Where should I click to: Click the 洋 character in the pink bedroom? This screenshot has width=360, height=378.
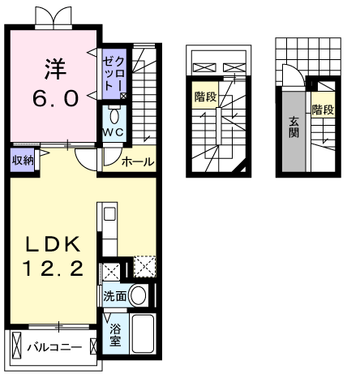56,69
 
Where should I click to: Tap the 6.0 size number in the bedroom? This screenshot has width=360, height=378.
56,98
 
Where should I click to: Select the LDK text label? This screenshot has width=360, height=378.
53,244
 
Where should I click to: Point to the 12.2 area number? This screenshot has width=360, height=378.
53,268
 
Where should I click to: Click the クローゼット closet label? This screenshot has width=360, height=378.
114,74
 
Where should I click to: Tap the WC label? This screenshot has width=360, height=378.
114,132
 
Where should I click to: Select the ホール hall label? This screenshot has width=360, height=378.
138,161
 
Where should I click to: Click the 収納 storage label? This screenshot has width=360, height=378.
23,161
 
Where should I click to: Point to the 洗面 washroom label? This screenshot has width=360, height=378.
115,296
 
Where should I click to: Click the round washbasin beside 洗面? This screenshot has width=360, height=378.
138,295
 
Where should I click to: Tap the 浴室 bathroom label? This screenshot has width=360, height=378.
115,335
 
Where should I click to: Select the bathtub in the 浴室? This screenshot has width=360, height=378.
143,333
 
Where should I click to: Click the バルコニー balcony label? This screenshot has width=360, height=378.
54,347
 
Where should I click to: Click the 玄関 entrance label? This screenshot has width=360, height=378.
294,127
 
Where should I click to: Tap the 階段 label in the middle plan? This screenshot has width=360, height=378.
206,97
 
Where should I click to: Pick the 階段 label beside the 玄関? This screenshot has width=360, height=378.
323,110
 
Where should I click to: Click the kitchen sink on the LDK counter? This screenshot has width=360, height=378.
109,214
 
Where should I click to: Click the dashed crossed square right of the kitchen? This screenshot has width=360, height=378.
145,267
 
